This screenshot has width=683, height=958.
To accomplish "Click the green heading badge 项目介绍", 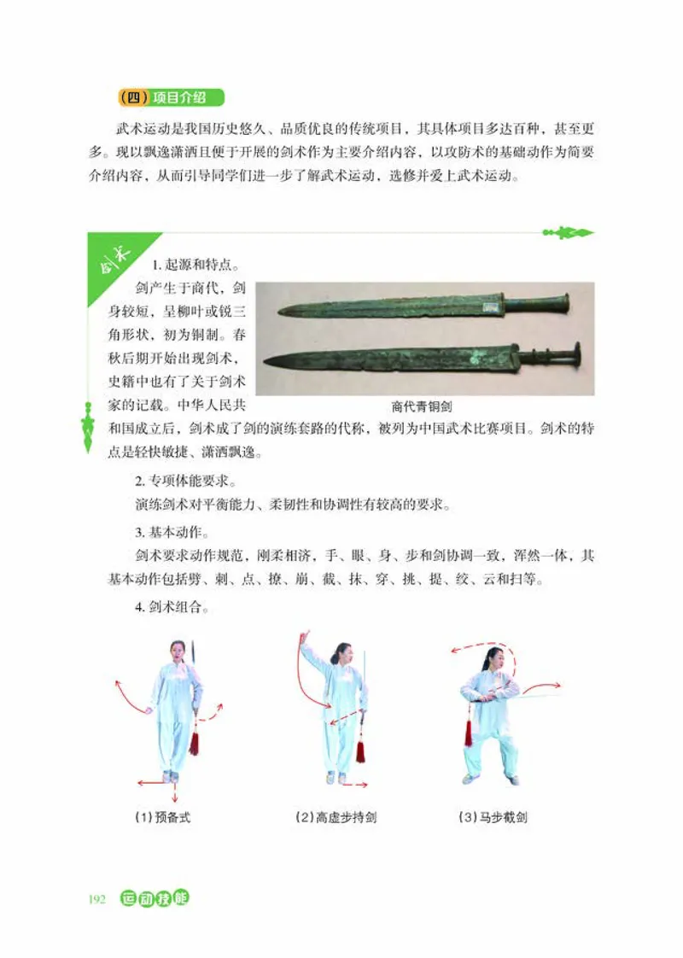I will [x=171, y=97].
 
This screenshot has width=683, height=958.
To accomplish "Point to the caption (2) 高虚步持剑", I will [x=336, y=817].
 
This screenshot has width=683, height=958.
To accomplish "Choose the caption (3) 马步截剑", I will [x=493, y=817].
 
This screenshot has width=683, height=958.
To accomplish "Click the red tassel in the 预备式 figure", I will [x=195, y=739].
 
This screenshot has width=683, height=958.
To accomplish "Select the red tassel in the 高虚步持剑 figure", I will [x=360, y=749].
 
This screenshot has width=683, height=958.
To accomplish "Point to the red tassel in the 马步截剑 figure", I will [x=468, y=730].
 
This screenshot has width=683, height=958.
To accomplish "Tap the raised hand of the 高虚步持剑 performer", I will [x=303, y=638].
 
